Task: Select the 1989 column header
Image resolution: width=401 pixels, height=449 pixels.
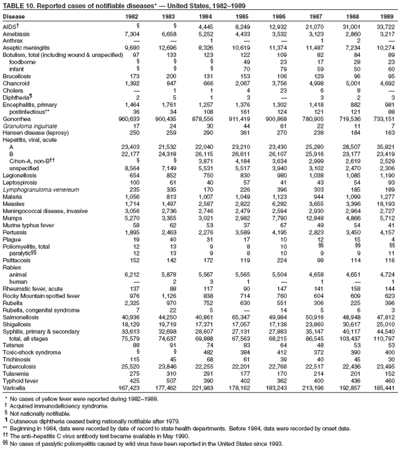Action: click(387, 16)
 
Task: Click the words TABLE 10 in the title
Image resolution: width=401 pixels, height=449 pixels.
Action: click(16, 5)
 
